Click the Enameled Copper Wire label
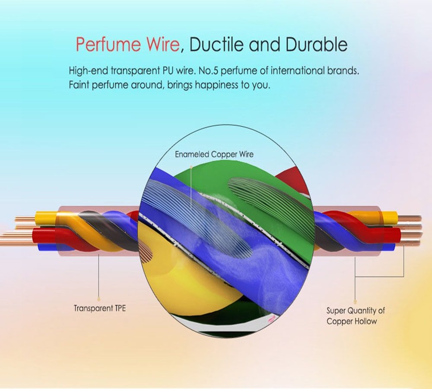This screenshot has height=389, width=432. pos(214,154)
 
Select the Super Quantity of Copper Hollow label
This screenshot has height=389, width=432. pos(355,316)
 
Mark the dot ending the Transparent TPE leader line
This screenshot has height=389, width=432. pos(99,298)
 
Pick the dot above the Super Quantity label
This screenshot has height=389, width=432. pos(355,301)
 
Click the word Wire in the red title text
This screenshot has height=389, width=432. pos(159,45)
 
